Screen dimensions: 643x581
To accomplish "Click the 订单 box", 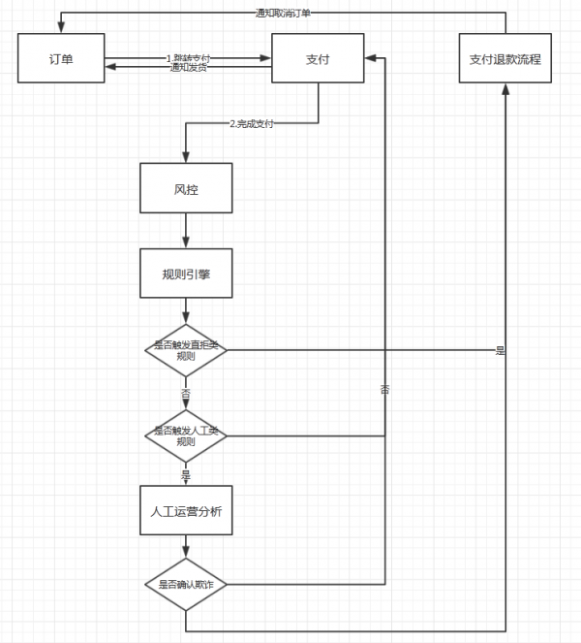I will click(x=61, y=59).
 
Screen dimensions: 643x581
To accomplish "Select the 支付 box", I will click(x=318, y=59).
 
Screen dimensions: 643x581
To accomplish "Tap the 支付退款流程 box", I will click(x=505, y=59).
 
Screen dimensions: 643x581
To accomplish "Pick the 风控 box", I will click(x=186, y=188).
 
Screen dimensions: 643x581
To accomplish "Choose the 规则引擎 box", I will click(x=186, y=274).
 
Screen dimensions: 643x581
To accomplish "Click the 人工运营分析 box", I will click(x=186, y=511).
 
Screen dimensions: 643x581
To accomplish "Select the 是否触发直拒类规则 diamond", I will click(x=186, y=350).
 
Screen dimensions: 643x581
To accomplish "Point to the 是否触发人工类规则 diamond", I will click(x=186, y=435).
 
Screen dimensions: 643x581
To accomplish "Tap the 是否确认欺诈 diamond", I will click(x=186, y=585).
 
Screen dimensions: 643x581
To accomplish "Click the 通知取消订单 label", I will click(x=283, y=13).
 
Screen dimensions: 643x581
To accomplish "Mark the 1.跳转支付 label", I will click(x=188, y=58).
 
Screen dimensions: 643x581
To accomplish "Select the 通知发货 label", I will click(x=188, y=67).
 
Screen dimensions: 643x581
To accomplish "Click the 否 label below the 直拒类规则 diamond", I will click(x=186, y=393).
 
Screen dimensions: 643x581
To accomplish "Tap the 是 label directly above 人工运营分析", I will click(x=186, y=475).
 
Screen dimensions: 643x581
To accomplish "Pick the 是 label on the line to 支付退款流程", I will click(x=501, y=350).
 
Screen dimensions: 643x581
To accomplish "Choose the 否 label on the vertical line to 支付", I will click(x=385, y=389).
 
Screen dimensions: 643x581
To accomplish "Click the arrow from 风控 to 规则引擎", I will click(x=186, y=230).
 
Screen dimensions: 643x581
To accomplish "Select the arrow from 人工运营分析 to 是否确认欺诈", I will click(x=186, y=548).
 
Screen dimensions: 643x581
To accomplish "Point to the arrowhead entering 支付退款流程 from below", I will click(x=505, y=89).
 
